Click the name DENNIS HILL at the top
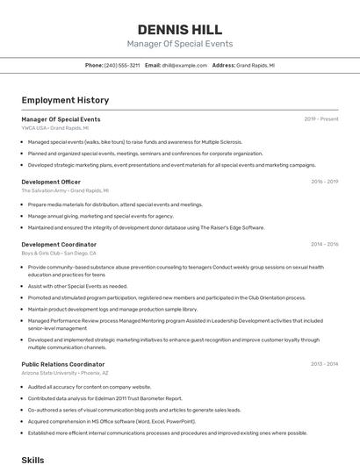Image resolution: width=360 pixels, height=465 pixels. pyautogui.click(x=180, y=29)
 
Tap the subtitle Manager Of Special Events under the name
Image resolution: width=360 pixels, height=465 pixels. pyautogui.click(x=180, y=44)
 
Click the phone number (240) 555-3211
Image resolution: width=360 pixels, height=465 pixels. pyautogui.click(x=122, y=65)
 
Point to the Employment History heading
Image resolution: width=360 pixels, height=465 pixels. pyautogui.click(x=65, y=100)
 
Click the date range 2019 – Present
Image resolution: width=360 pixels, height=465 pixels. pyautogui.click(x=321, y=118)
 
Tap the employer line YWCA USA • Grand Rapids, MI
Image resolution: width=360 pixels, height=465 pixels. pyautogui.click(x=55, y=127)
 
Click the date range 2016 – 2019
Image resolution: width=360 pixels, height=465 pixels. pyautogui.click(x=324, y=182)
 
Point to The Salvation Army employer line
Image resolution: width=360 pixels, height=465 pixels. pyautogui.click(x=65, y=190)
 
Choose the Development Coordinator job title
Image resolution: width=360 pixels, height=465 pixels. pyautogui.click(x=59, y=244)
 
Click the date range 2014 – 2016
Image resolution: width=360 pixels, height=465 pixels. pyautogui.click(x=324, y=244)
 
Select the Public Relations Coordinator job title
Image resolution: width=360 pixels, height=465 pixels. pyautogui.click(x=63, y=363)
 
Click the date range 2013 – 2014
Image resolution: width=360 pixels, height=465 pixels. pyautogui.click(x=324, y=363)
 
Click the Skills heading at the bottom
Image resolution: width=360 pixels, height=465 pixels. pyautogui.click(x=32, y=459)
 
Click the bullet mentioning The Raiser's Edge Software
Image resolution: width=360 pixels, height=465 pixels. pyautogui.click(x=146, y=227)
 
